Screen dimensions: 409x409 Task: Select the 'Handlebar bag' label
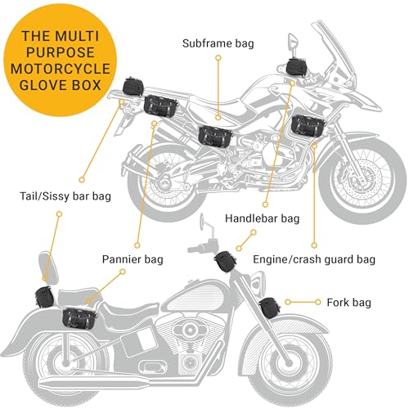[262, 218]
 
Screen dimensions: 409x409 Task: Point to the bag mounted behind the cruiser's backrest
[43, 295]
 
